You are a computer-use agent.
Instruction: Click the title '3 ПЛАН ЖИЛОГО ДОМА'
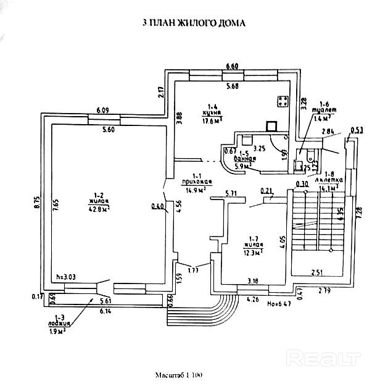[194, 23]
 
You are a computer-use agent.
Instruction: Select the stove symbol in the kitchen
[284, 101]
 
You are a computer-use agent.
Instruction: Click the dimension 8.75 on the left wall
[37, 203]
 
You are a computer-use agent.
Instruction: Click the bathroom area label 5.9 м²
[246, 166]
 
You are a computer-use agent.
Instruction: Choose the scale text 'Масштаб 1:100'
[180, 376]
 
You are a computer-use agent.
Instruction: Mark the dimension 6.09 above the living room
[102, 111]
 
